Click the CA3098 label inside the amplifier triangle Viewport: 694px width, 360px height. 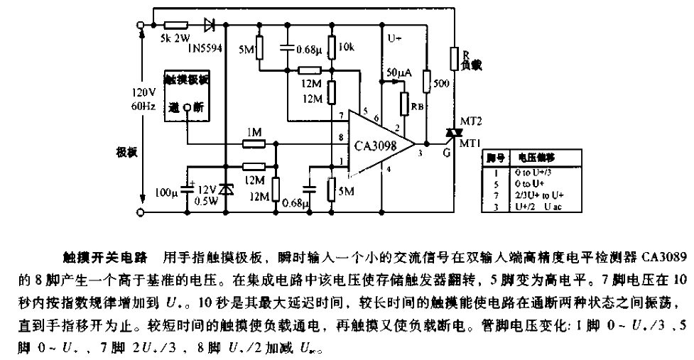click(374, 146)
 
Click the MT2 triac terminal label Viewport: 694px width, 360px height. click(471, 121)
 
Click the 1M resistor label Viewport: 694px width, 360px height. click(254, 133)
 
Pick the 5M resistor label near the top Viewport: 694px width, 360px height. click(246, 50)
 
